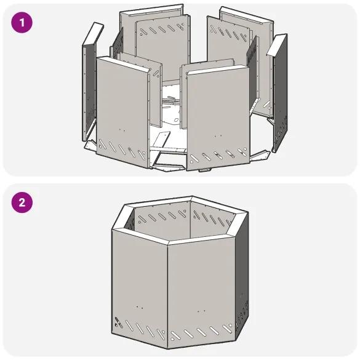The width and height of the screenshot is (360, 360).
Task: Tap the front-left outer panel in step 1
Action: pos(121,105)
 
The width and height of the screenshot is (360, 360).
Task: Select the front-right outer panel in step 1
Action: pos(216,111)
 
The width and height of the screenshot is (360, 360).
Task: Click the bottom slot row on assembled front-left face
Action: pos(140,329)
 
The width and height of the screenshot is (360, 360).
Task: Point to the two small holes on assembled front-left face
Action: pos(139,307)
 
